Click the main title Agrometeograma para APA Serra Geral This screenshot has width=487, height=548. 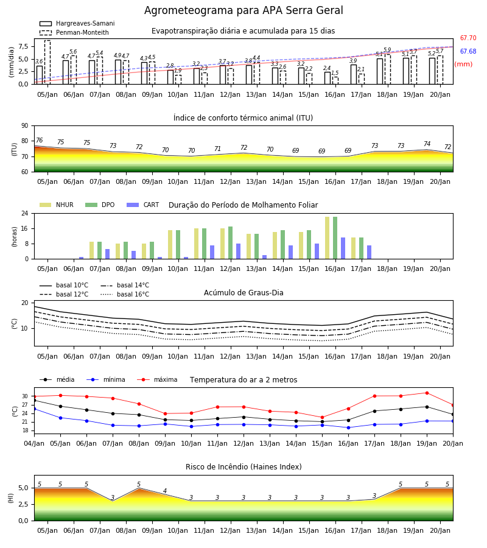(x=243, y=10)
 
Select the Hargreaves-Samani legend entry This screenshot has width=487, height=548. (x=77, y=23)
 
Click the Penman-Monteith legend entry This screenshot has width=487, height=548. (x=74, y=32)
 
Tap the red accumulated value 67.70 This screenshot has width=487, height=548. (x=468, y=38)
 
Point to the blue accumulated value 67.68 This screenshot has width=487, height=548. (x=468, y=51)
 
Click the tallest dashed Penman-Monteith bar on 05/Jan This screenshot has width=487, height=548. (x=47, y=62)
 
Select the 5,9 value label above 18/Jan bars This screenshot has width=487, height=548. (x=387, y=50)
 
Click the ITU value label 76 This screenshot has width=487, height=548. (x=39, y=140)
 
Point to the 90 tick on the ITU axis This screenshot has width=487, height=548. (x=25, y=126)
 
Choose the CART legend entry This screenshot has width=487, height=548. (x=143, y=205)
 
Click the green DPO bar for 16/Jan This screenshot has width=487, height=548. (x=335, y=238)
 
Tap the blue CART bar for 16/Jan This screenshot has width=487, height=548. (x=343, y=248)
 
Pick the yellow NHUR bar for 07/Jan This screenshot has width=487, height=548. (x=91, y=250)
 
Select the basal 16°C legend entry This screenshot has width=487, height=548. (x=125, y=294)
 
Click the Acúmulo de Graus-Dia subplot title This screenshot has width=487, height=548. (x=243, y=292)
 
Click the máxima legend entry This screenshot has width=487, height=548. (x=157, y=379)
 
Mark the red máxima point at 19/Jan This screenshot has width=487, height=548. (x=427, y=393)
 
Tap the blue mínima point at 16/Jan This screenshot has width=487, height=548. (x=348, y=427)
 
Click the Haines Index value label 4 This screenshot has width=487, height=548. (x=165, y=491)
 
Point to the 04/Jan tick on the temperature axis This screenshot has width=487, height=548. (x=34, y=443)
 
